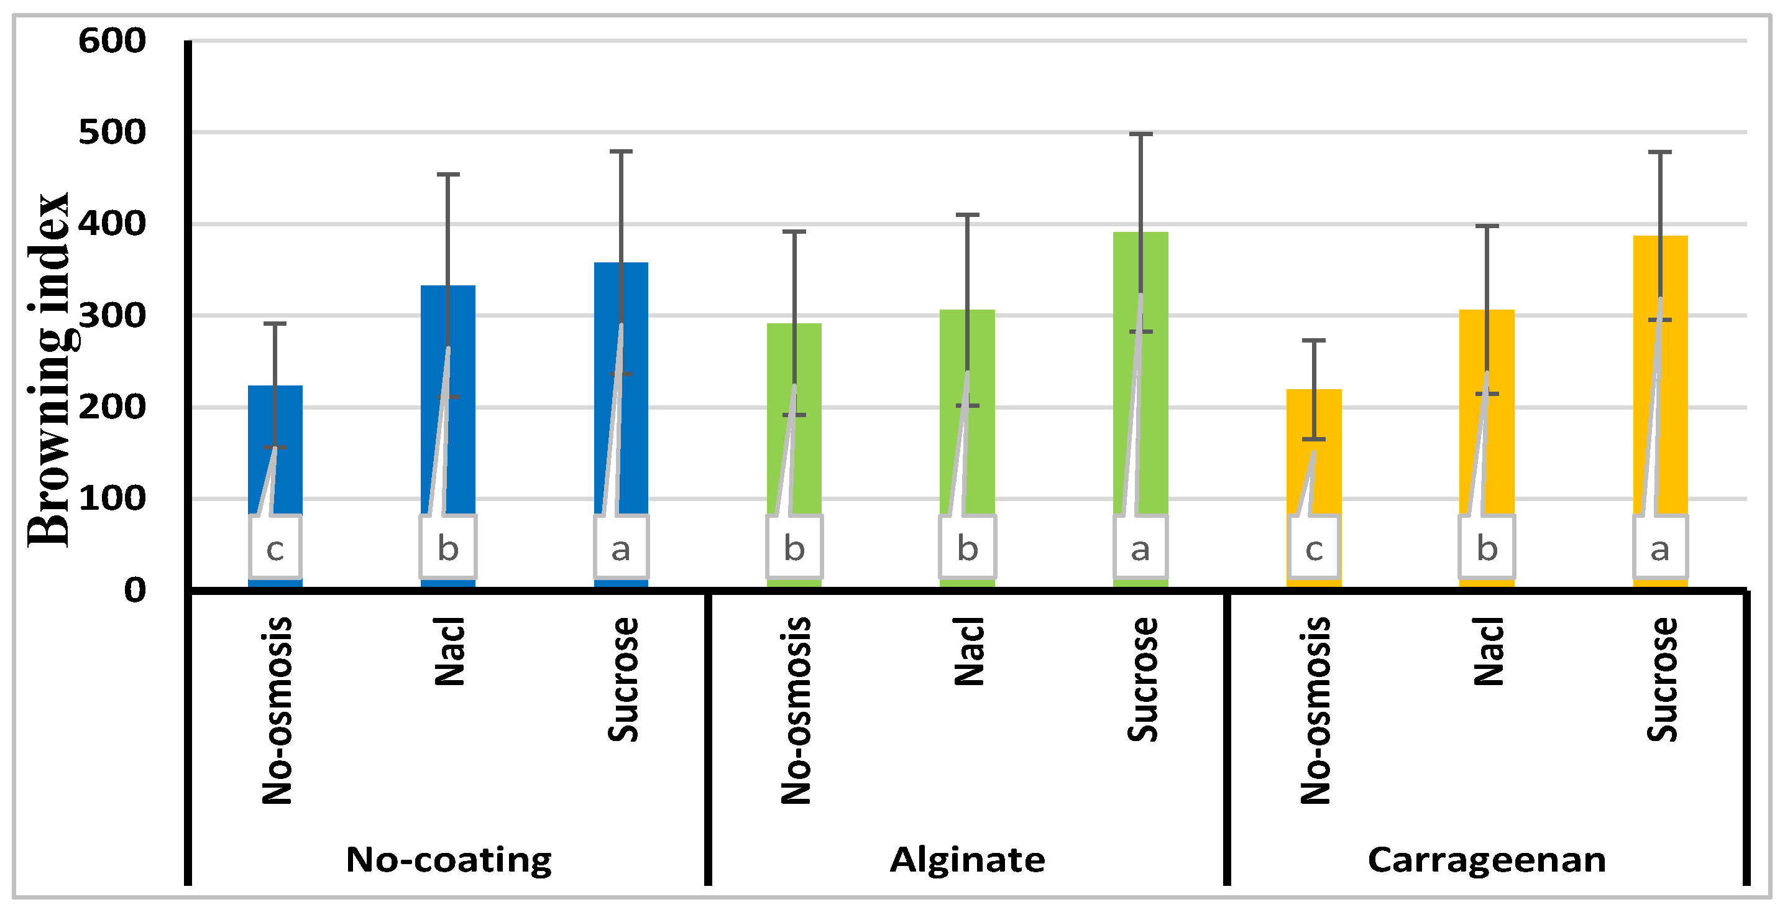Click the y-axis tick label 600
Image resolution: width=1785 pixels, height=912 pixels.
coord(112,41)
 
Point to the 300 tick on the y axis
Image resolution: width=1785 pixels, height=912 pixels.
coord(112,316)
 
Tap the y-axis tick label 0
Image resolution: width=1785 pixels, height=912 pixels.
coord(134,591)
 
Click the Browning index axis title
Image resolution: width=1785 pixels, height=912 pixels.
coord(48,371)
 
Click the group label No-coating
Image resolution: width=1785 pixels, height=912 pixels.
coord(448,860)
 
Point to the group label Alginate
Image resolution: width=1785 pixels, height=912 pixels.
coord(967,860)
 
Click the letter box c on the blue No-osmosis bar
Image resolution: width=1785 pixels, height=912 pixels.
coord(275,548)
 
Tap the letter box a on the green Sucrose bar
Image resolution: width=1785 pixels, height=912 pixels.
coord(1140,548)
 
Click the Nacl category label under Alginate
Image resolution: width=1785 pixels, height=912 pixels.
coord(969,652)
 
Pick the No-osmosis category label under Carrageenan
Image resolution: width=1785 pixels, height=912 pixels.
coord(1315,711)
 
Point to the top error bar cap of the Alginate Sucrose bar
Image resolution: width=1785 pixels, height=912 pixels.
coord(1140,134)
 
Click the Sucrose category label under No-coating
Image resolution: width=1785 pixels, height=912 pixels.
coord(622,679)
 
